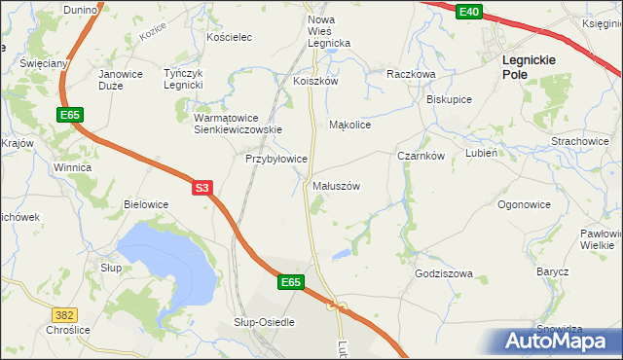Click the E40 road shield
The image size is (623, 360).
pos(470,11)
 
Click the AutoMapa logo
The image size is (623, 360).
pos(555,341)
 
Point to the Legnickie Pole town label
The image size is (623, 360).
pos(529,66)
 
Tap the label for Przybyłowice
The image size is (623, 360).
pos(276,158)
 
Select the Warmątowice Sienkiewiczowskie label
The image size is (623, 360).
pos(238,123)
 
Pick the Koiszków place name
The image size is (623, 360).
pos(315,82)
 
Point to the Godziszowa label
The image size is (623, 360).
pos(443,273)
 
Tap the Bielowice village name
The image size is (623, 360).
pos(146,204)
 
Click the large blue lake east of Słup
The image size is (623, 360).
pos(165,258)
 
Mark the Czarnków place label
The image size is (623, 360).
pos(421,156)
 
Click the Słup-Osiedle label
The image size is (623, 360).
pos(264,321)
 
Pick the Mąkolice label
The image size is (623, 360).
pos(350,125)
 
